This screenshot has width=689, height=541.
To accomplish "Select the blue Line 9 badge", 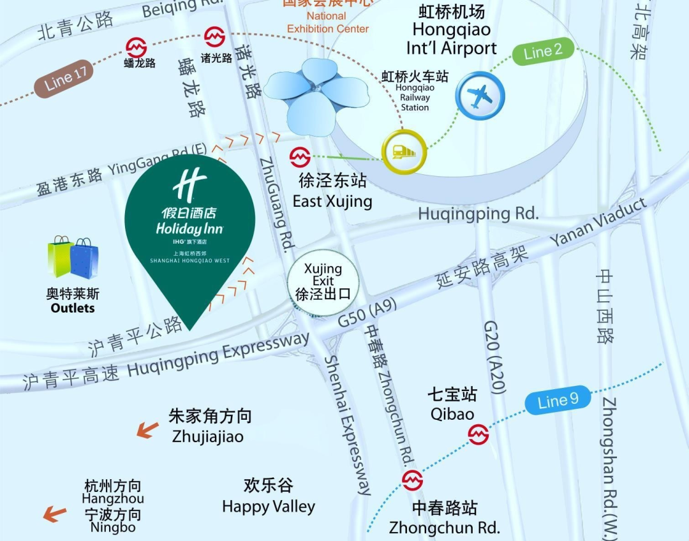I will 558,401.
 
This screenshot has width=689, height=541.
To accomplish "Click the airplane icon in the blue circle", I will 480,96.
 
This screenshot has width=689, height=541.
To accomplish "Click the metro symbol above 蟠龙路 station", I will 136,47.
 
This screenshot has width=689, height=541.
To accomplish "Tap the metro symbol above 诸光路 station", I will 214,38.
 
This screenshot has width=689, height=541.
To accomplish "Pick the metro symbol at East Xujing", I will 300,157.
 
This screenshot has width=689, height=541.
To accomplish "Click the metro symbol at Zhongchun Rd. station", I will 413,480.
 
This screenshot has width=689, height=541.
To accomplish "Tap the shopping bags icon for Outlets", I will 73,258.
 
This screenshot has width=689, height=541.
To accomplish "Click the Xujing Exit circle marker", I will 323,283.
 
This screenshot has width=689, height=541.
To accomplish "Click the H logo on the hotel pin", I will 189,183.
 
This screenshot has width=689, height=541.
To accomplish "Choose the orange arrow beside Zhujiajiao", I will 147,431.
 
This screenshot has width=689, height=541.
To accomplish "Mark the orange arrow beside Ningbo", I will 55,513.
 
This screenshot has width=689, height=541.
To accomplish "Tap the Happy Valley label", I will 269,507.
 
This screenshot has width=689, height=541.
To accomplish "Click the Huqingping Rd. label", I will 478,214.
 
